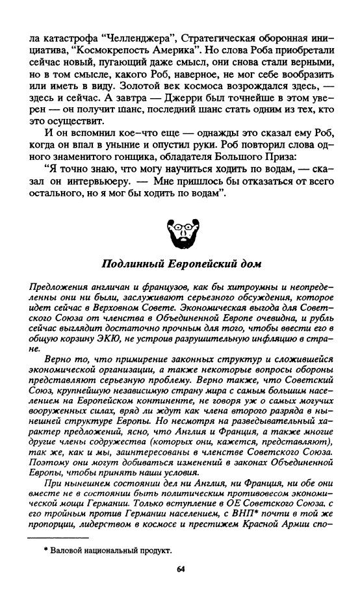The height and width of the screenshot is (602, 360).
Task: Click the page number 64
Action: pos(180,569)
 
